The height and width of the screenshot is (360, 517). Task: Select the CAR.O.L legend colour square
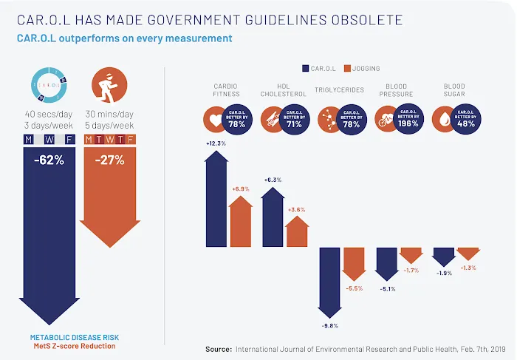(x=306, y=69)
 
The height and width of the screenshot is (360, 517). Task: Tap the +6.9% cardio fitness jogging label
(x=242, y=189)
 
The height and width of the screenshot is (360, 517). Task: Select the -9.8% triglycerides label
(x=330, y=325)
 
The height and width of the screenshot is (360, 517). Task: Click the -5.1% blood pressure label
(x=386, y=288)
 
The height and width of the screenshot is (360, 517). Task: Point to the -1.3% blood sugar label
(x=469, y=267)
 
